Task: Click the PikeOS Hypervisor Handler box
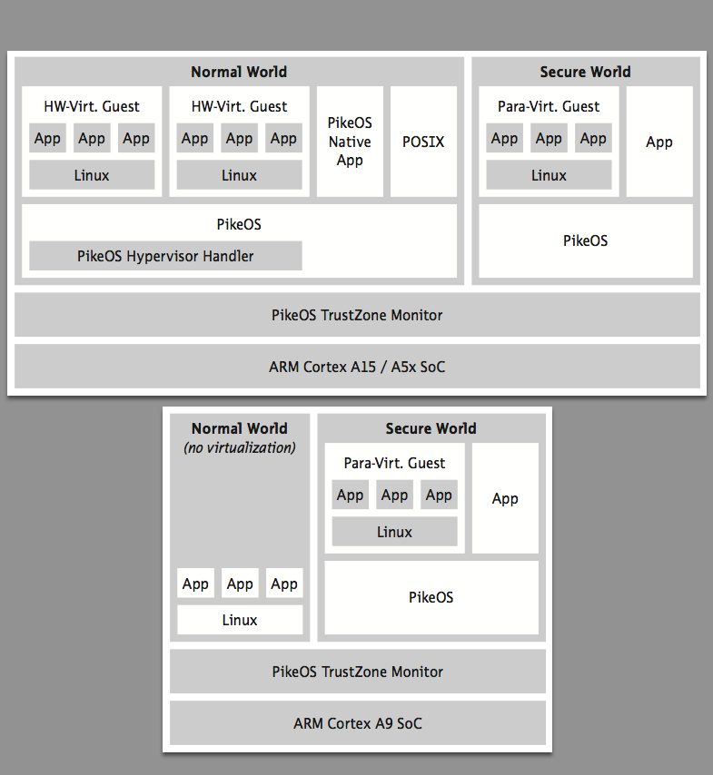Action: coord(165,256)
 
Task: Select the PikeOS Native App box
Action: coord(350,142)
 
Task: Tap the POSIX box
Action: coord(423,142)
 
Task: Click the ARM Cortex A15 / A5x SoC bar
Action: coord(357,367)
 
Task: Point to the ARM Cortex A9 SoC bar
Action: coord(358,722)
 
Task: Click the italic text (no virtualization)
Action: coord(240,447)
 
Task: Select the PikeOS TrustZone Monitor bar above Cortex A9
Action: coord(358,672)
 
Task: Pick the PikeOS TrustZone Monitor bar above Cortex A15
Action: coord(357,315)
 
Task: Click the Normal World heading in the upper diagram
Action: coord(239,72)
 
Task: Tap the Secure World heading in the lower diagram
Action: coord(431,428)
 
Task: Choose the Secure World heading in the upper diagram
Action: coord(585,72)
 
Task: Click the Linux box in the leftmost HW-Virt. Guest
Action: coord(92,174)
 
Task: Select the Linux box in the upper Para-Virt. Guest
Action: coord(549,174)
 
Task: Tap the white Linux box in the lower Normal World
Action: coord(240,620)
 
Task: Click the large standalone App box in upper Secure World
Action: coord(659,142)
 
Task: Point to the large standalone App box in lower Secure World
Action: coord(505,497)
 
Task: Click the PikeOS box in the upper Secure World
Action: coord(586,240)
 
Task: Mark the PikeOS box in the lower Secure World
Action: coord(431,597)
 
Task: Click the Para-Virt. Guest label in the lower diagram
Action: coord(394,463)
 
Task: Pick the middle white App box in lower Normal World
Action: coord(240,584)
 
